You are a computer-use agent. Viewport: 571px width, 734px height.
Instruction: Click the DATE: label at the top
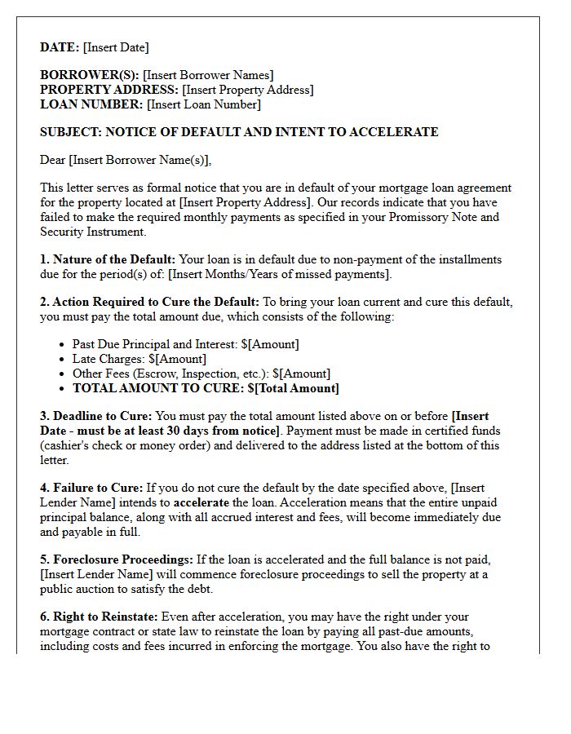pyautogui.click(x=60, y=47)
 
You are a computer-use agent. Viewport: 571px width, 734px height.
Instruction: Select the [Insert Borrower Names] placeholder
pyautogui.click(x=208, y=75)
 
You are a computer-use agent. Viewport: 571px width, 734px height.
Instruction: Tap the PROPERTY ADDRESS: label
pyautogui.click(x=109, y=90)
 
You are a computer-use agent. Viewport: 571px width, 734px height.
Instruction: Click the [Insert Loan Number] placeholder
pyautogui.click(x=203, y=104)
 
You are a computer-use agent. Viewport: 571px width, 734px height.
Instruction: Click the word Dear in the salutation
pyautogui.click(x=52, y=160)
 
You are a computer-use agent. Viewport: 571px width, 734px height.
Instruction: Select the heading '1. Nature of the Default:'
pyautogui.click(x=108, y=259)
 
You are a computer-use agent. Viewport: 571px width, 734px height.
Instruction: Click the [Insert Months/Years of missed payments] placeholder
pyautogui.click(x=279, y=274)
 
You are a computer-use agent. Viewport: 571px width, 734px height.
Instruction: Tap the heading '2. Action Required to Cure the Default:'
pyautogui.click(x=149, y=302)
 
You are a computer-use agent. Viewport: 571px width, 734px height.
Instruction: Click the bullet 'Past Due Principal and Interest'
pyautogui.click(x=155, y=344)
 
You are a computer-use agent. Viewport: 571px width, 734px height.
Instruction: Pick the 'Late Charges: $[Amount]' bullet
pyautogui.click(x=139, y=359)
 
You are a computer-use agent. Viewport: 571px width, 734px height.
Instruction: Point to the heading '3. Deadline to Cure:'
pyautogui.click(x=95, y=416)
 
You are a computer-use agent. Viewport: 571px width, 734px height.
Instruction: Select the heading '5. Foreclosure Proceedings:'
pyautogui.click(x=117, y=559)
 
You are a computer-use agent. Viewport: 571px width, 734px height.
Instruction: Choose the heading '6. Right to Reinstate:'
pyautogui.click(x=100, y=617)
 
